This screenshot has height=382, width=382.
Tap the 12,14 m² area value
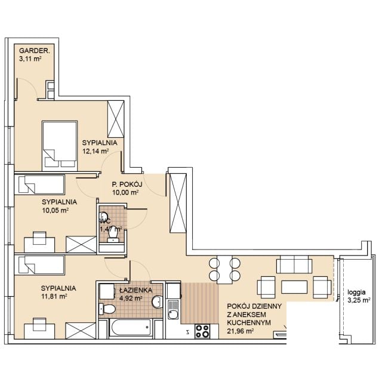[95, 151]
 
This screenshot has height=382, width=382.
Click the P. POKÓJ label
[127, 184]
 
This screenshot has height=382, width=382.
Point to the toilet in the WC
[113, 236]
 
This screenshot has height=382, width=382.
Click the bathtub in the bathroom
[131, 328]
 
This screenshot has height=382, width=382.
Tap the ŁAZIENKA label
[136, 290]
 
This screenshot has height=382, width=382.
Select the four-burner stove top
[202, 331]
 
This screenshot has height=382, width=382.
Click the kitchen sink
[173, 310]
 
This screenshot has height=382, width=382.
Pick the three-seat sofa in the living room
[294, 264]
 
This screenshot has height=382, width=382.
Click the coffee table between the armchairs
[294, 287]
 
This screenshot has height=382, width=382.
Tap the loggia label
[356, 292]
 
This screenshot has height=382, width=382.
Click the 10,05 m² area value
[55, 210]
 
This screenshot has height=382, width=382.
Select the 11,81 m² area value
[54, 297]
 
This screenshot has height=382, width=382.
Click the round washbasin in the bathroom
[158, 302]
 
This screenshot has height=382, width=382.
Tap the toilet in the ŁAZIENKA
[107, 309]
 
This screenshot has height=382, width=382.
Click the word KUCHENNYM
[249, 322]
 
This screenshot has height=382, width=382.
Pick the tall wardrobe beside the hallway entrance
[178, 203]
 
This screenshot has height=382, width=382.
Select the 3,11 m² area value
[30, 58]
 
